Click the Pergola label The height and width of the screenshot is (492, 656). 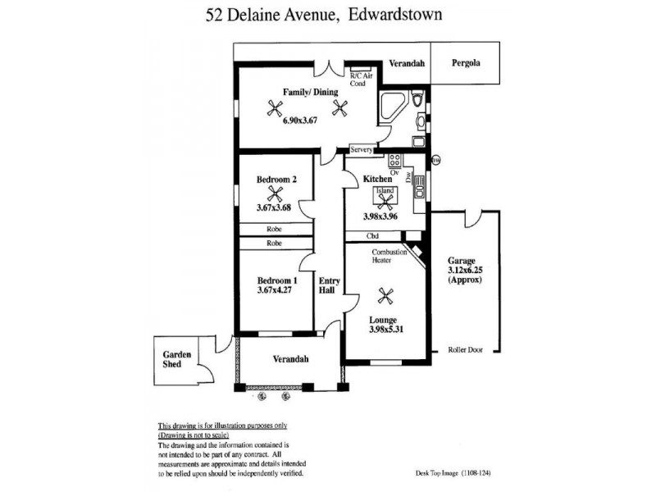(466, 63)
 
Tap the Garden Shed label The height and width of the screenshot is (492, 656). (176, 359)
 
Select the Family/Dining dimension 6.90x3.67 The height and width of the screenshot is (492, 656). (300, 121)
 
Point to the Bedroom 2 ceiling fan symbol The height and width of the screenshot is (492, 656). (275, 194)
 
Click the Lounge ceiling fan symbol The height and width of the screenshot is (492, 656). (385, 296)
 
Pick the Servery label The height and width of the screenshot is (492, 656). (361, 149)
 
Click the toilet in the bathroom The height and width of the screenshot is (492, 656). (417, 98)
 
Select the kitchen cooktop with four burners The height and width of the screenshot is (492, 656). (394, 161)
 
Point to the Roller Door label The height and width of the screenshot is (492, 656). (465, 350)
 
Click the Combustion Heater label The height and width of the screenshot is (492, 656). (389, 256)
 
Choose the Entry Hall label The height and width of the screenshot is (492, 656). (330, 285)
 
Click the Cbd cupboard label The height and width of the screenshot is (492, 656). (372, 236)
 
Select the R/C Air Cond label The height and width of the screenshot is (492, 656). (361, 80)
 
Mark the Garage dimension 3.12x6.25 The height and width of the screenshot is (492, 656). (465, 271)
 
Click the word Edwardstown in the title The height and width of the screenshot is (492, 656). (395, 15)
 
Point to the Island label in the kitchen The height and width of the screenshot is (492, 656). (385, 191)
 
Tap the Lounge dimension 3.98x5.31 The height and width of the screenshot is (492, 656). (386, 330)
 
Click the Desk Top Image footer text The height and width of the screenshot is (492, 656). (453, 473)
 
